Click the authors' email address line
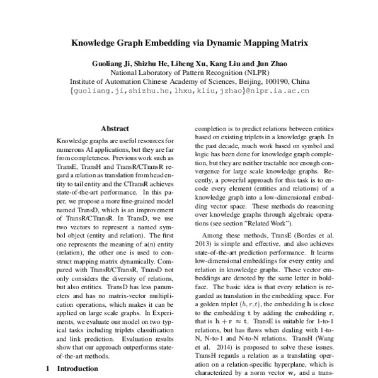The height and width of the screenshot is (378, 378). [189, 91]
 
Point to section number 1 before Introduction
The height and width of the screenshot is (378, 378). [47, 369]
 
